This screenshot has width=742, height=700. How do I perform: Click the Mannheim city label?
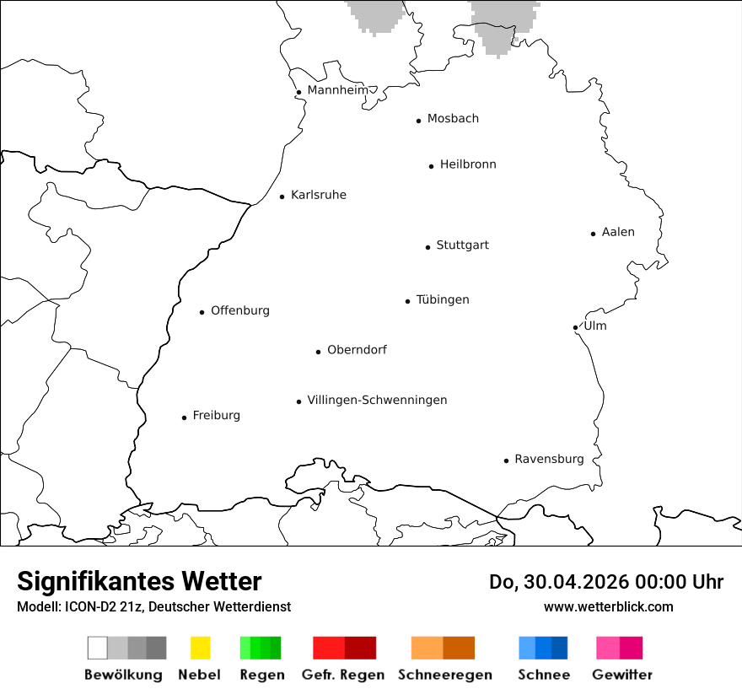pos(338,90)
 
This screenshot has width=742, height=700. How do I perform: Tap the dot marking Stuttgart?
pos(427,247)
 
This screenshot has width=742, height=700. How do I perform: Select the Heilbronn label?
pos(468,164)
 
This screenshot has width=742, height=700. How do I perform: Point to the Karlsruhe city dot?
pos(282,197)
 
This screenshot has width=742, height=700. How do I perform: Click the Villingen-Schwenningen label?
pos(377,400)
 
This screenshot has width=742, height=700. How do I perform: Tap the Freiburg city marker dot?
pos(184,417)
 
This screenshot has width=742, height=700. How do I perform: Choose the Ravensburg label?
pos(549,459)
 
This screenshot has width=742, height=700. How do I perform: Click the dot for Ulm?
pos(575,327)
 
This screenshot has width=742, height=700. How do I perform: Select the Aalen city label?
pos(618,232)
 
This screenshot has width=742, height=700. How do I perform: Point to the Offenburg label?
pos(240,310)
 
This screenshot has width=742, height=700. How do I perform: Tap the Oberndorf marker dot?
pos(319,352)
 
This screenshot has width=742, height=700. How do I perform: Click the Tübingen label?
pos(443,299)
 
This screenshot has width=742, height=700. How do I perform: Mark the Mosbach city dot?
pos(418,121)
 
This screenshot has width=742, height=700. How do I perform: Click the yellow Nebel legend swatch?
pos(200,648)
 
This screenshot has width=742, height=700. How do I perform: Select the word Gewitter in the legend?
pos(622,675)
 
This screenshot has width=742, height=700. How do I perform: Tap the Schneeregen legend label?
pos(445,675)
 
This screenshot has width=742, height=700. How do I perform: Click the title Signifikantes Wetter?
pos(139,581)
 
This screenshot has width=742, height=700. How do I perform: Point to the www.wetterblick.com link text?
pos(608,606)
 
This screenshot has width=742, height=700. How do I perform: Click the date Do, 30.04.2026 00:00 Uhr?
pos(606,582)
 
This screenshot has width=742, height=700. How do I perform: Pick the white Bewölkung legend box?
pos(98,648)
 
